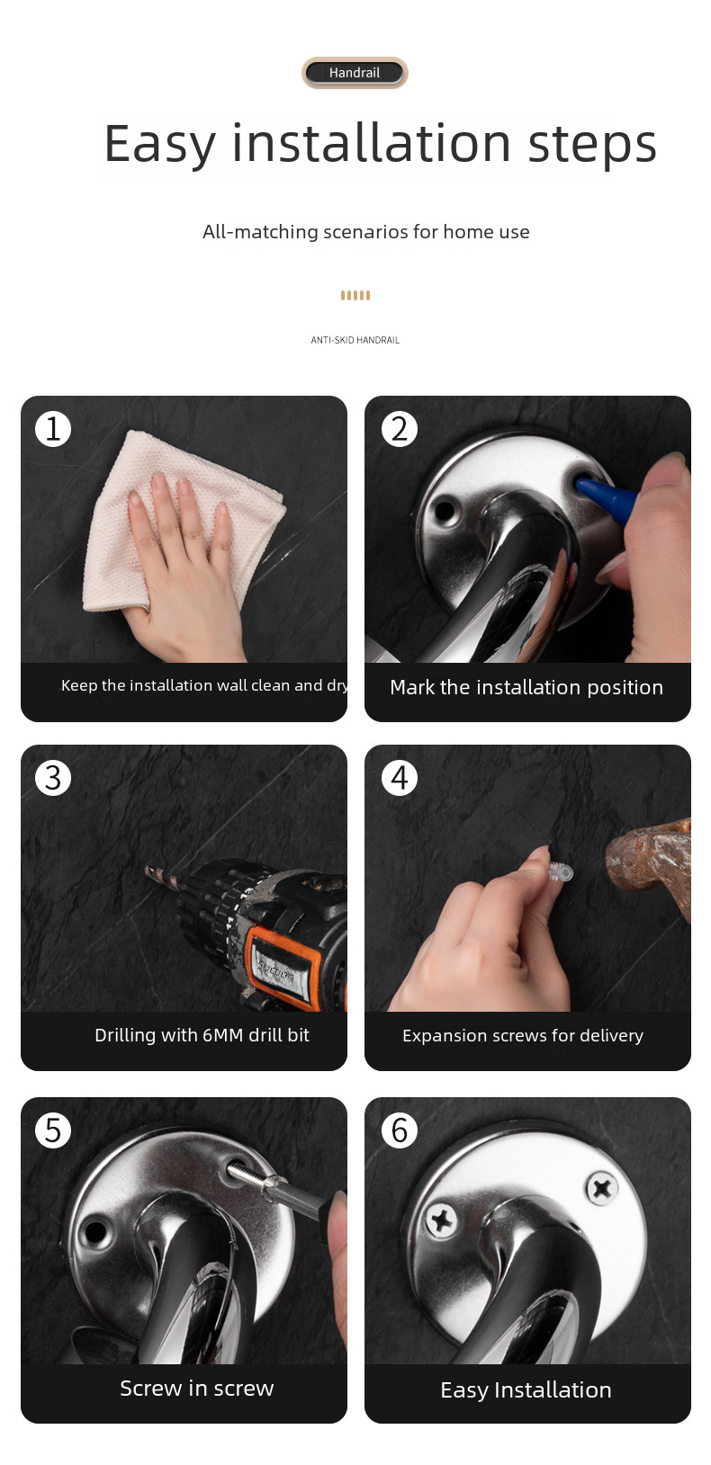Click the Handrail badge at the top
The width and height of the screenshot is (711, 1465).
[x=355, y=73]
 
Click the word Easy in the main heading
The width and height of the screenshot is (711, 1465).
[x=159, y=144]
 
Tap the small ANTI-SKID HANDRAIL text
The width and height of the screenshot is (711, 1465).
[x=355, y=340]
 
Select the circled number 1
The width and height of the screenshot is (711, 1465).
[x=53, y=429]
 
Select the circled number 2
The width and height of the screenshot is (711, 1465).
[x=400, y=429]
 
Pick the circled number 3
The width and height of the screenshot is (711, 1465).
[x=53, y=778]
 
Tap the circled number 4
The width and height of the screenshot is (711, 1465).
[x=400, y=778]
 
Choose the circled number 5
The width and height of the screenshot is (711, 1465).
[x=53, y=1130]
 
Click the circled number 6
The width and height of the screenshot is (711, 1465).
[x=400, y=1130]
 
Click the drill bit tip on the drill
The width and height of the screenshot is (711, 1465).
[x=148, y=869]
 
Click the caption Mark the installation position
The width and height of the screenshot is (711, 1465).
[x=526, y=687]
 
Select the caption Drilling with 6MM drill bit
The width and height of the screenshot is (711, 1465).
[x=202, y=1035]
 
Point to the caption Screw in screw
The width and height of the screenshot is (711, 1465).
[x=196, y=1388]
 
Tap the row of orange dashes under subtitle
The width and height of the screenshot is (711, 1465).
[x=355, y=296]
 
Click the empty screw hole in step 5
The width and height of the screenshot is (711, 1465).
[x=96, y=1232]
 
